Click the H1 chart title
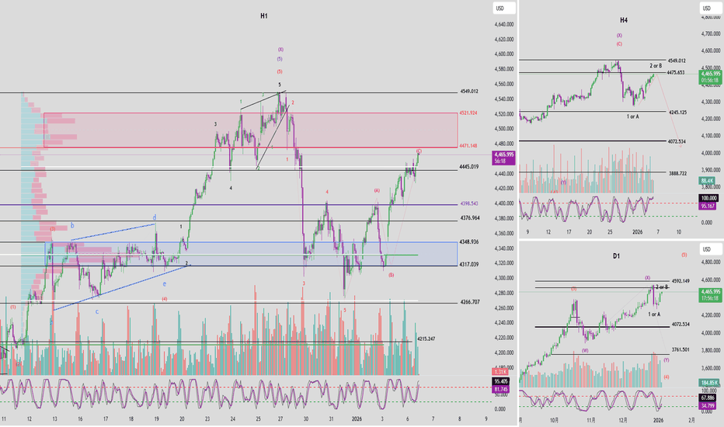[265, 15]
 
